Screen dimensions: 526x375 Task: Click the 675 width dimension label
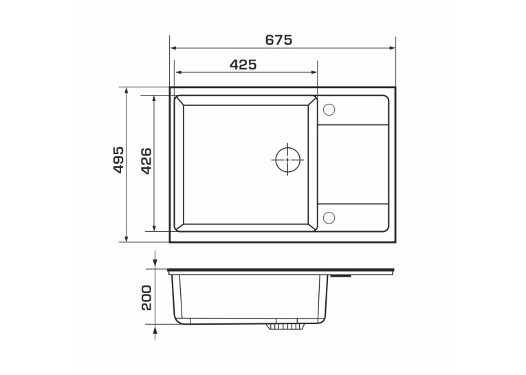tap(278, 41)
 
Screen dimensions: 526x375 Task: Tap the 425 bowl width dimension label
tap(243, 65)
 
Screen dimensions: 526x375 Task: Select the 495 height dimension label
tap(118, 160)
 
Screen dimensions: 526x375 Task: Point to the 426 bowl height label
tap(146, 161)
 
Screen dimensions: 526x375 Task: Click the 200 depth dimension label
tap(146, 298)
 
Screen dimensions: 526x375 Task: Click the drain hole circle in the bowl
tap(287, 160)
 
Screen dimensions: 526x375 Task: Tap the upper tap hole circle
tap(329, 110)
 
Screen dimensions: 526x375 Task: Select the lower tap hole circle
tap(329, 217)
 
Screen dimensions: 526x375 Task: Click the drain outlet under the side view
tap(286, 326)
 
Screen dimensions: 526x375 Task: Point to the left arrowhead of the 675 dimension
tap(173, 48)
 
